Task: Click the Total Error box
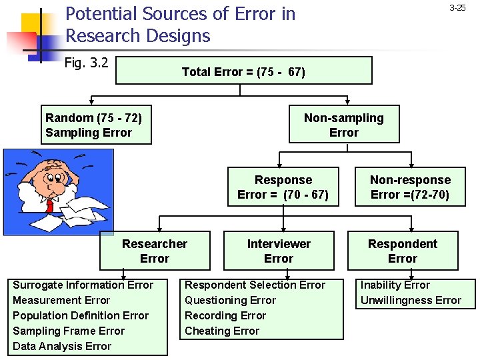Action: (243, 71)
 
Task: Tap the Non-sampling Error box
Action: (344, 125)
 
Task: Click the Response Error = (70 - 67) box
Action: (283, 187)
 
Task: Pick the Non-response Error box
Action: (410, 187)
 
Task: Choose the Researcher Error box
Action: (155, 251)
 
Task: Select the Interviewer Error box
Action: (279, 251)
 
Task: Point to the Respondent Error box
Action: (403, 251)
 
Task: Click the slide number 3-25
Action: (457, 8)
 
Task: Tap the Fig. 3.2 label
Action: (87, 63)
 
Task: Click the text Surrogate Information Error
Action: (83, 285)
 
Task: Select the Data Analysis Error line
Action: (62, 346)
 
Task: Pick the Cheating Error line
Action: (222, 331)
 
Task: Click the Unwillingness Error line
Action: (411, 300)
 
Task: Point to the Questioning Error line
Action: (230, 300)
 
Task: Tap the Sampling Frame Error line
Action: (69, 331)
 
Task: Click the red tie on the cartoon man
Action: (49, 203)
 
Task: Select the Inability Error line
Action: (395, 285)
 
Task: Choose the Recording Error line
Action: (225, 315)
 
